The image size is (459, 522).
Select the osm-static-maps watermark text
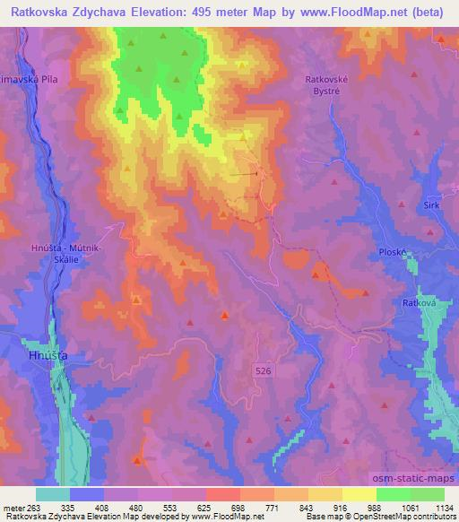[414, 479]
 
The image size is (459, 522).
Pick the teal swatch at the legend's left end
[53, 494]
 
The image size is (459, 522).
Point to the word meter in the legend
[13, 506]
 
